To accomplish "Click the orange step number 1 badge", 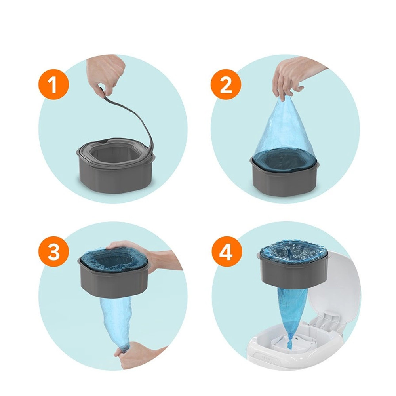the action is point(53,85).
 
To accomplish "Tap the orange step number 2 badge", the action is point(226,85).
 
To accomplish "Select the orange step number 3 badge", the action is point(53,251).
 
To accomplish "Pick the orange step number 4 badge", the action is point(226,251).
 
